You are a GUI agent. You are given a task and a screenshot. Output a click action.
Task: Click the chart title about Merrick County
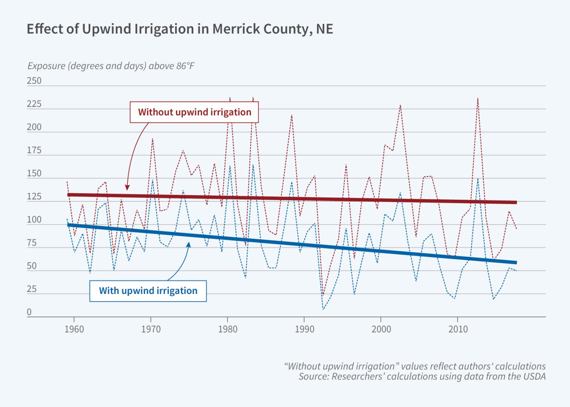click(180, 29)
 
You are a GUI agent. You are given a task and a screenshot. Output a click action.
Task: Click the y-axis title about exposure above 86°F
click(111, 66)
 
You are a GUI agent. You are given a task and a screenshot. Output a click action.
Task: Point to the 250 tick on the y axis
click(34, 81)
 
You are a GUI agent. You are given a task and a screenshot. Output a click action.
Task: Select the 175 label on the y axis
click(34, 151)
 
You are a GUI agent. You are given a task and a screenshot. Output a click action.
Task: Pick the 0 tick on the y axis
click(29, 313)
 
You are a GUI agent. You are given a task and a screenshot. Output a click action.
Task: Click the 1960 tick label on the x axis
click(74, 329)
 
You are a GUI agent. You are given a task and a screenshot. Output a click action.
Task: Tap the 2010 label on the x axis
click(458, 329)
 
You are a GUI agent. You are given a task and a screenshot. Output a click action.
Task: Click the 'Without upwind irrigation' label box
click(194, 112)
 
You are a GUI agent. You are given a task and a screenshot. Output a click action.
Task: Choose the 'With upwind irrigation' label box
click(148, 291)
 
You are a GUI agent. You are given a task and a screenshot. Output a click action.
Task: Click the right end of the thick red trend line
click(516, 202)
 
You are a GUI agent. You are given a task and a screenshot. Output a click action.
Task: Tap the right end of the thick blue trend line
click(516, 263)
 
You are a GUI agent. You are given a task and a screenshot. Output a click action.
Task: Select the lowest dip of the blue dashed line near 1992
click(323, 309)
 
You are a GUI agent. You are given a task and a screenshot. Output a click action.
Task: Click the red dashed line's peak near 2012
click(478, 98)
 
